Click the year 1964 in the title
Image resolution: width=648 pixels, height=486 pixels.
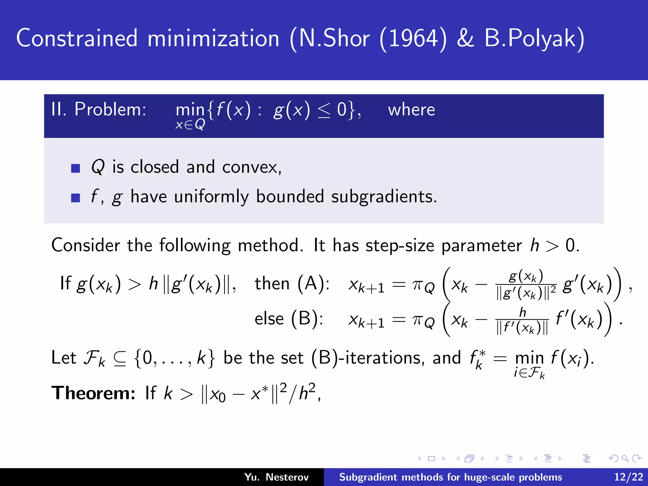click(x=413, y=39)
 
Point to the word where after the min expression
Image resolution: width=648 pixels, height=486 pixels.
click(x=411, y=110)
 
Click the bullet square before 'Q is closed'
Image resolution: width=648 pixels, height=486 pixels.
click(x=76, y=168)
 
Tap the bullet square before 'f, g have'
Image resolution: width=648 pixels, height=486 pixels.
click(x=76, y=198)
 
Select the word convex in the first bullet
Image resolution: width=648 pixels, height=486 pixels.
click(x=250, y=167)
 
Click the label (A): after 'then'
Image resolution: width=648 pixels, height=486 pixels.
click(x=313, y=283)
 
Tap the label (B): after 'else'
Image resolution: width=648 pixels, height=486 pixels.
click(x=307, y=318)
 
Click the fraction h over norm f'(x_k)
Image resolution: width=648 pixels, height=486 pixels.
click(x=522, y=321)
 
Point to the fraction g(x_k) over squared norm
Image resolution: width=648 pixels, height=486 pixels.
click(x=526, y=285)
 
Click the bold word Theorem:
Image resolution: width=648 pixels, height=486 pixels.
click(x=93, y=393)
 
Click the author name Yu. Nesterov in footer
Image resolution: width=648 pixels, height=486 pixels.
click(x=276, y=477)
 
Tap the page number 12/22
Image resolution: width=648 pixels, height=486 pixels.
click(x=628, y=477)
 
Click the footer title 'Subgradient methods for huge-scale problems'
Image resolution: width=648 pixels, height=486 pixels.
click(x=451, y=477)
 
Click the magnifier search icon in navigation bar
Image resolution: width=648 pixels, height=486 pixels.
click(x=625, y=458)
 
